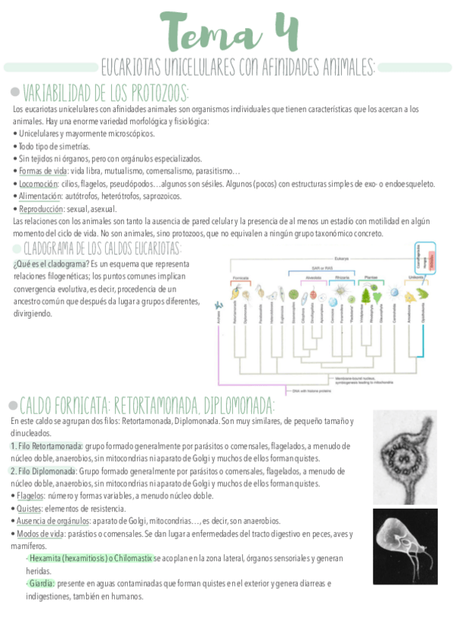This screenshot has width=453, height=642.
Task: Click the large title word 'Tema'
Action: pyautogui.click(x=209, y=33)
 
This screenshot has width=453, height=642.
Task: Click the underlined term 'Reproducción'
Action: pyautogui.click(x=41, y=208)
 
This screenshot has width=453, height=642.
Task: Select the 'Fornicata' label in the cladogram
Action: pyautogui.click(x=241, y=278)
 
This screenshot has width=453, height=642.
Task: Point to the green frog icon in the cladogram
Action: pyautogui.click(x=422, y=292)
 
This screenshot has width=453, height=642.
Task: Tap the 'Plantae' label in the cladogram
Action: pyautogui.click(x=371, y=278)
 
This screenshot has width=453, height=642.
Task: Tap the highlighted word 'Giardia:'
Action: pyautogui.click(x=42, y=583)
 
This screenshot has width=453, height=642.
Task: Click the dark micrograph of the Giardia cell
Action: pyautogui.click(x=405, y=545)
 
